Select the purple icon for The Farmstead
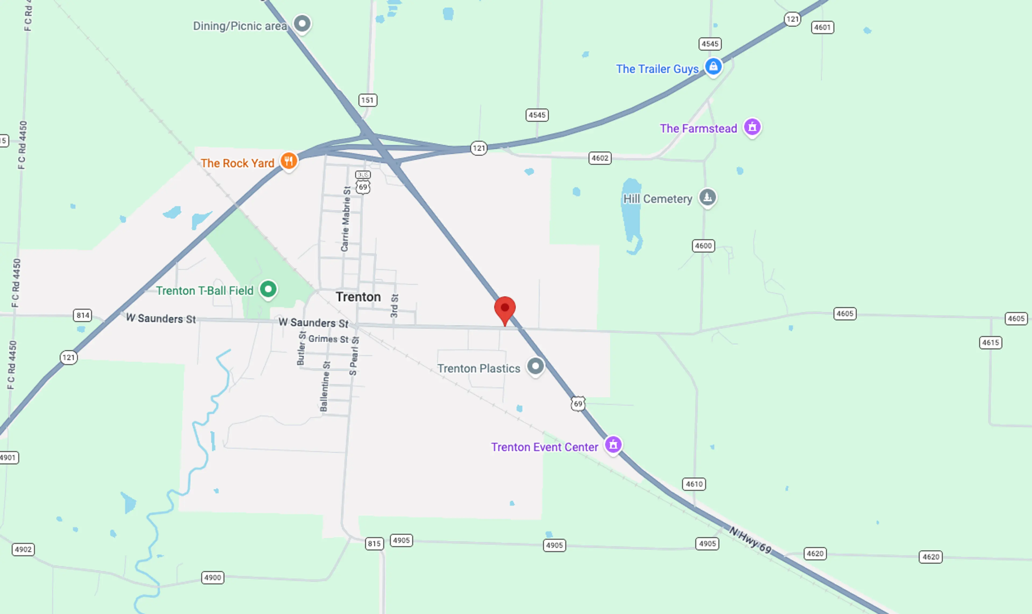point(752,127)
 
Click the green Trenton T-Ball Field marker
point(268,289)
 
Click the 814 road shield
point(83,315)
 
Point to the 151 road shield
point(367,100)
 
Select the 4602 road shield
point(600,158)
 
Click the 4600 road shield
point(703,246)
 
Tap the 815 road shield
point(374,543)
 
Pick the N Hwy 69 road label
point(750,540)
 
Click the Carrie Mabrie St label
point(346,219)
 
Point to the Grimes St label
point(328,339)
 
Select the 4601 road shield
point(822,27)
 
